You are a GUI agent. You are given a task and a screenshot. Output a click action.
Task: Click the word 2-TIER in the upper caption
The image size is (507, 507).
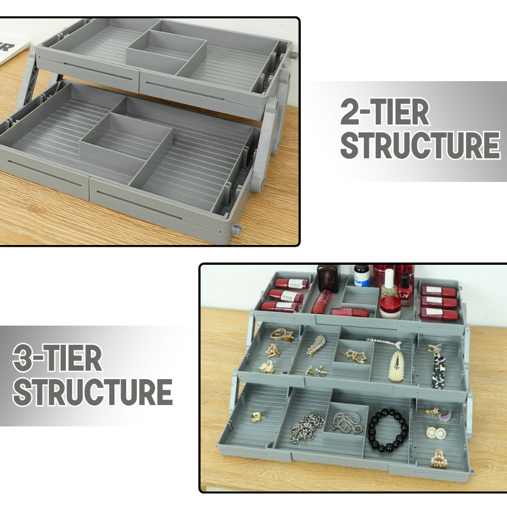pos(384,114)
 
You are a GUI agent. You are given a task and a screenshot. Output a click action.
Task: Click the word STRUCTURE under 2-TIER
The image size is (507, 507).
pos(420,146)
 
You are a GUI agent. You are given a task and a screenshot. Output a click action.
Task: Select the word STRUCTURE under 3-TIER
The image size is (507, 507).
pos(92,392)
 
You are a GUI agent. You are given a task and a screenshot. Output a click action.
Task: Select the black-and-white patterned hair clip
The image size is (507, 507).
pos(438,370)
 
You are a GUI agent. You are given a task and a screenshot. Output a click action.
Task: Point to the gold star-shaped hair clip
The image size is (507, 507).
pos(352,355)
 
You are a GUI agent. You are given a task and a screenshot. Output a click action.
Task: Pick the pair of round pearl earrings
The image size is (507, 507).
pos(436,433)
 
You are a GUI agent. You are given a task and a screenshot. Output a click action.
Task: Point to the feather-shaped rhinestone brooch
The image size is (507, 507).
pos(317,345)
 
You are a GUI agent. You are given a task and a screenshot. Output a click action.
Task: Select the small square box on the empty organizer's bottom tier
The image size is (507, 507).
pos(125,136)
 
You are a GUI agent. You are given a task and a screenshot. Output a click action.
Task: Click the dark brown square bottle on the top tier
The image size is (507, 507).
pos(327,278)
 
